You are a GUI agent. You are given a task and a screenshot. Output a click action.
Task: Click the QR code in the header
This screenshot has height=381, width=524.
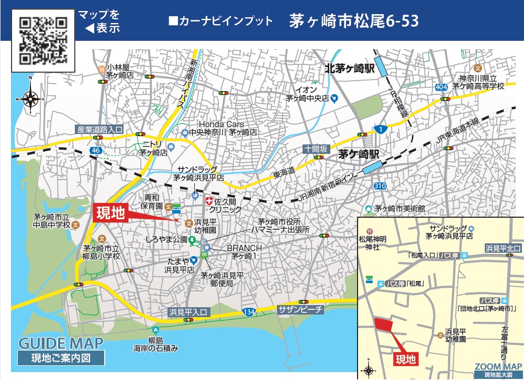click(x=43, y=40)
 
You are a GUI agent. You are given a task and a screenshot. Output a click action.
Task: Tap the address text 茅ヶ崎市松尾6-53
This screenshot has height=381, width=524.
click(x=354, y=21)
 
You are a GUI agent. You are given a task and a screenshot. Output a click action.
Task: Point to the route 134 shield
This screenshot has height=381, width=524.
click(x=249, y=312)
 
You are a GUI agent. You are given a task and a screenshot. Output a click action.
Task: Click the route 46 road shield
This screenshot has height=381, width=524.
click(x=95, y=150)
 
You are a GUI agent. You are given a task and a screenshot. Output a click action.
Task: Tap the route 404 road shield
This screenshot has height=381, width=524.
click(x=441, y=86)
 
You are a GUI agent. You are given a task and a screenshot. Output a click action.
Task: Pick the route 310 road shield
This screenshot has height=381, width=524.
click(x=380, y=186)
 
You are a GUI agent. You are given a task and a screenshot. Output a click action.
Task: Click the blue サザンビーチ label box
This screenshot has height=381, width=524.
click(x=301, y=309)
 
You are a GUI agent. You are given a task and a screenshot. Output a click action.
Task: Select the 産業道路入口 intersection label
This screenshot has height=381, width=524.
click(x=99, y=129)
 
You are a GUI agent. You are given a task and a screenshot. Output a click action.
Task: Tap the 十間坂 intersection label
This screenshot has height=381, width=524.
click(x=316, y=149)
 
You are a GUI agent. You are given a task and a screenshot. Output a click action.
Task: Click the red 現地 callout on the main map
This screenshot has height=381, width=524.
click(x=109, y=213)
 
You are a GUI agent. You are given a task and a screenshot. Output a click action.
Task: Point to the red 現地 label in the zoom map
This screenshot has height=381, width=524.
click(x=405, y=359)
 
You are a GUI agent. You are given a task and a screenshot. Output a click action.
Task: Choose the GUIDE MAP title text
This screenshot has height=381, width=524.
click(x=61, y=344)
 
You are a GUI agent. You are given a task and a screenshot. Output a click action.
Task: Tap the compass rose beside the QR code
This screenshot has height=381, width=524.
click(x=30, y=98)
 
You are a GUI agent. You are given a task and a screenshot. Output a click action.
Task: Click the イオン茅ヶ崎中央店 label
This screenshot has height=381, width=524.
click(x=307, y=94)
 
